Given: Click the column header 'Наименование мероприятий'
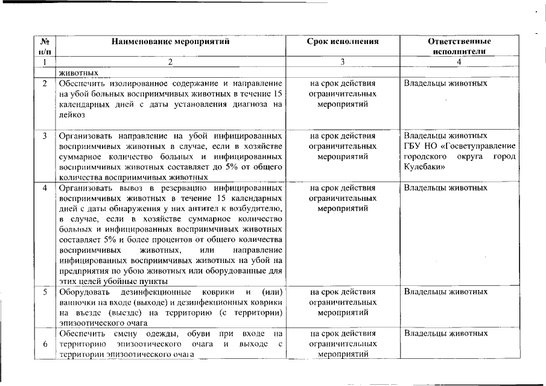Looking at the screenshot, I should (x=170, y=42).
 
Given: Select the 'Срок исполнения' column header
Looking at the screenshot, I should (x=343, y=42).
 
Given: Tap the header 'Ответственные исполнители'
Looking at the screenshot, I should (x=459, y=46).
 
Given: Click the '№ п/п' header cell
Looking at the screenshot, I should (x=45, y=46).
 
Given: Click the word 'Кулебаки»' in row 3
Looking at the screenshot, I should (x=424, y=166).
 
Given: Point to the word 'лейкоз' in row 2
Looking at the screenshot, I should (x=72, y=115).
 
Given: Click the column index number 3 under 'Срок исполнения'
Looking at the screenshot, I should (x=342, y=62).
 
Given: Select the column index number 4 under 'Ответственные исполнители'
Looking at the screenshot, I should (x=459, y=62).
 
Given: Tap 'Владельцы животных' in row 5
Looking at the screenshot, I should (x=445, y=292).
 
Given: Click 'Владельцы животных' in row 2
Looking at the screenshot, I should (x=445, y=83).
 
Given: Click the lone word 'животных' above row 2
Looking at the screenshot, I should (x=78, y=72).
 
